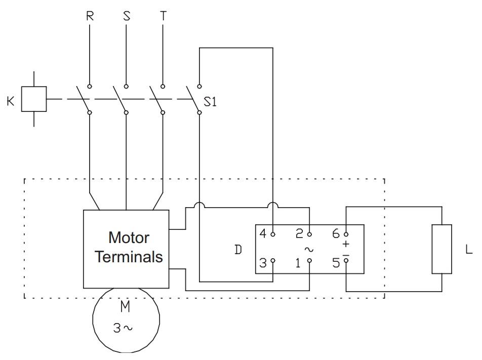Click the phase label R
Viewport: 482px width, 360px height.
point(90,16)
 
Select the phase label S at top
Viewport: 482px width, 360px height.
point(127,16)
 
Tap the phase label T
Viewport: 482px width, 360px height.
point(163,16)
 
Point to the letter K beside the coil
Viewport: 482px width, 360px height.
point(11,101)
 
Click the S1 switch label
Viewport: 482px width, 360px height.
point(210,102)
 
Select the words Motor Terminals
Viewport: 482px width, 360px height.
point(129,247)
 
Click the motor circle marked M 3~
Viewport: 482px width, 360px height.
point(93,320)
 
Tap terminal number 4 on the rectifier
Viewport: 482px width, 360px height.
point(263,233)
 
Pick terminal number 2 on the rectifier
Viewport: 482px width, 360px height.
point(299,233)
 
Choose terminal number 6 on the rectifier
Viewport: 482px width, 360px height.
point(336,233)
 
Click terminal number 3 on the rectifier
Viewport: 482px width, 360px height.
point(263,263)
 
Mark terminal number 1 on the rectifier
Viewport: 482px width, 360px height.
point(298,263)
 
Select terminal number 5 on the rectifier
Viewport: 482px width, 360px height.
point(336,263)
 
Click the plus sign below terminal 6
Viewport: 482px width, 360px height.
point(346,244)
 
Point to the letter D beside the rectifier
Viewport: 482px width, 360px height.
point(238,250)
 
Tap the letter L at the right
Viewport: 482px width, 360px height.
point(469,249)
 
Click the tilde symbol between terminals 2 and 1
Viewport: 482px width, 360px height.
point(309,249)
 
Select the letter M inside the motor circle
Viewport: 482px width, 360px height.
point(125,307)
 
